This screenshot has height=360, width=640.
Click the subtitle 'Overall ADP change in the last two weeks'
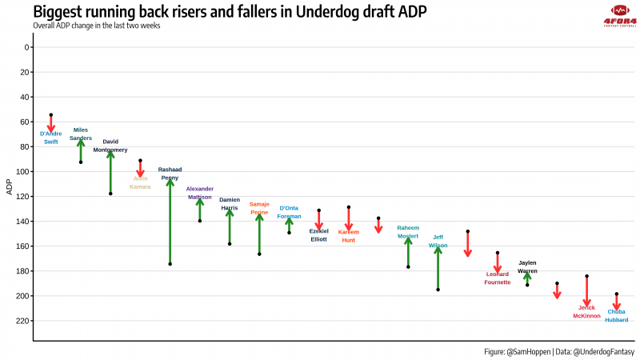[97, 26]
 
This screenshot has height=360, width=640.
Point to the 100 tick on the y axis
[25, 171]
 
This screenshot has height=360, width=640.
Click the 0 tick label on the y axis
[27, 47]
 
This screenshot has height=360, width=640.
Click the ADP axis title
[9, 188]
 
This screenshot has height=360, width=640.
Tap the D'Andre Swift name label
[50, 138]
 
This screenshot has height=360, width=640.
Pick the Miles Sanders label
[81, 134]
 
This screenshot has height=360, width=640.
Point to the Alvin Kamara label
[140, 182]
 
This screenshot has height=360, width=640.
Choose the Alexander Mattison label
[200, 192]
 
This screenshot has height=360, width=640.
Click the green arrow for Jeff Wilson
[438, 268]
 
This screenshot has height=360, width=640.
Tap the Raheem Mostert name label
[408, 232]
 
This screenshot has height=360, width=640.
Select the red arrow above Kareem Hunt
[349, 218]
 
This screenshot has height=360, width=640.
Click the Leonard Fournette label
[498, 278]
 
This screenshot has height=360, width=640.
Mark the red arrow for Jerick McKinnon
[586, 290]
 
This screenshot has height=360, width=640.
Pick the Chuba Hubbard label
[616, 316]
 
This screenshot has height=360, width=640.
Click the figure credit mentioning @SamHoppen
[558, 351]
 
